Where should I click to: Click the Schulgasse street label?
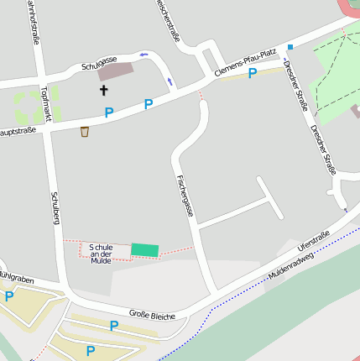pos(99,63)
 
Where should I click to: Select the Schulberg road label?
pos(56,206)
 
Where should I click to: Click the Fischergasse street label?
pos(185,196)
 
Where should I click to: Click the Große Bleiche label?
pos(152,316)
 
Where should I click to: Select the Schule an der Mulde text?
pos(101,254)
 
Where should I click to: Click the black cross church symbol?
pos(104,89)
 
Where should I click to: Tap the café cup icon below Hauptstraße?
pos(85,131)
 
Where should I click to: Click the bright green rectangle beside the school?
pos(144,250)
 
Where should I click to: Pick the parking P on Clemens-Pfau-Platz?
pos(252,74)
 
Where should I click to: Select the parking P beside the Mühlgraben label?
pos(9,296)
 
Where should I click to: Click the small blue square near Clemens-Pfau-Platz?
pos(290,47)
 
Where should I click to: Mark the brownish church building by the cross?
pos(115,71)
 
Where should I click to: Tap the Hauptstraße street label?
pos(18,133)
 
